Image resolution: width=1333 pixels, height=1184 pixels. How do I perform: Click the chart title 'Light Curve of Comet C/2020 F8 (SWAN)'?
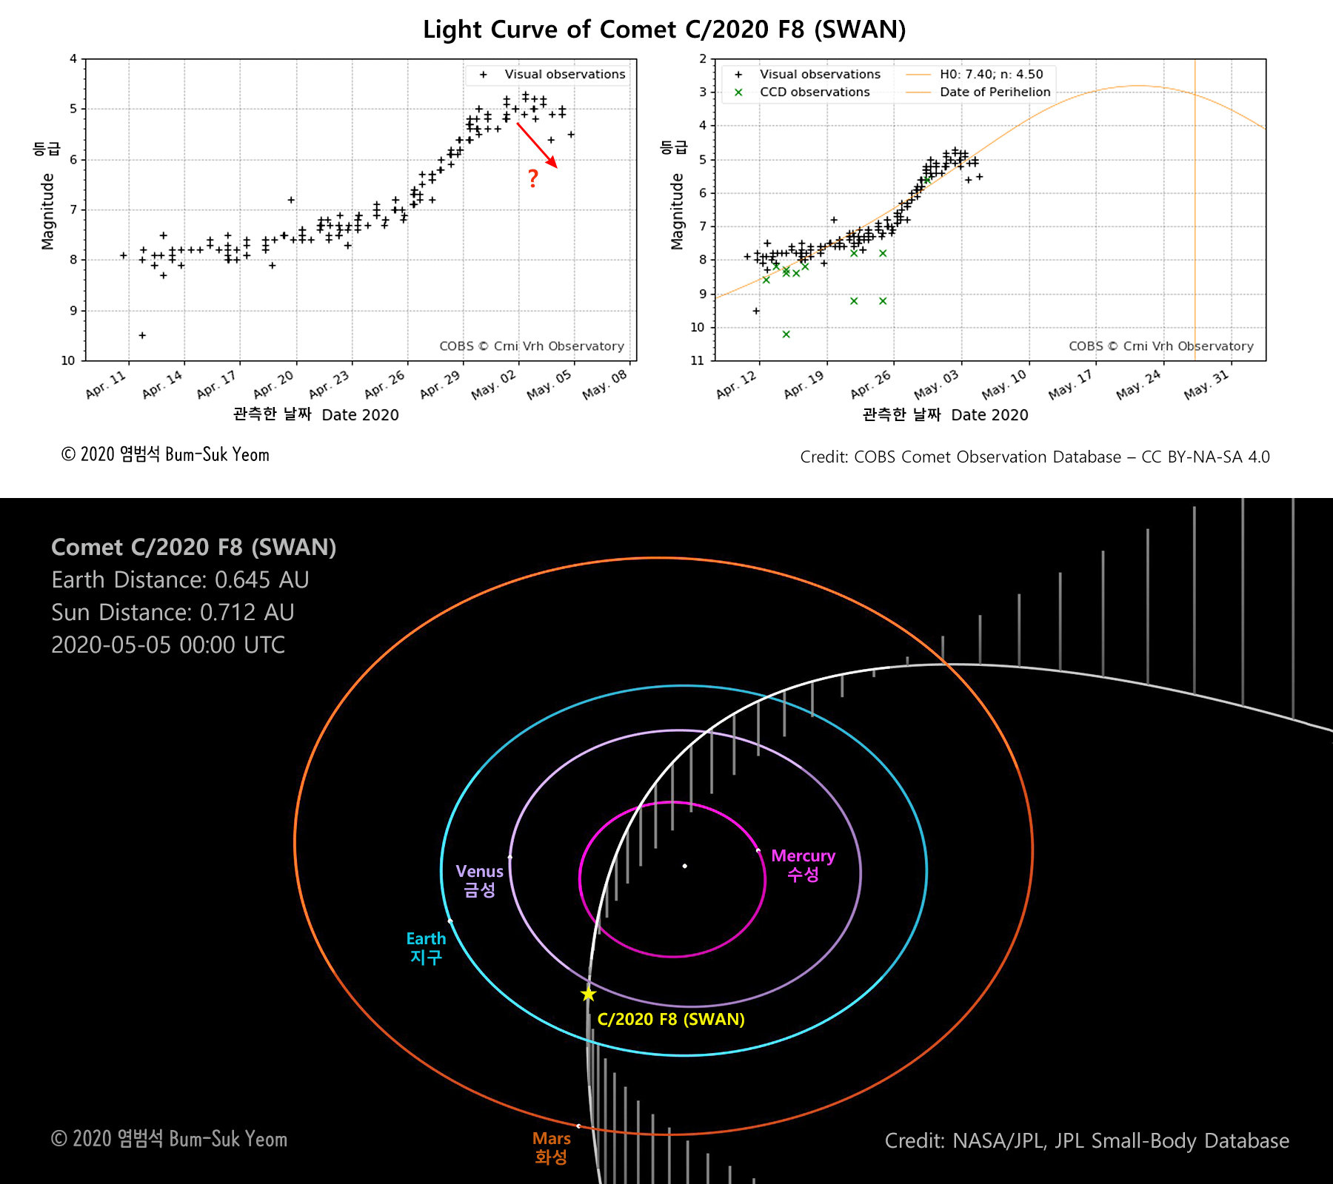pos(664,30)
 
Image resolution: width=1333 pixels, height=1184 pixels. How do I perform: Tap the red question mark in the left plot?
pos(532,178)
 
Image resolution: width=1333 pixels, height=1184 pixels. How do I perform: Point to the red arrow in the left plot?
pos(537,145)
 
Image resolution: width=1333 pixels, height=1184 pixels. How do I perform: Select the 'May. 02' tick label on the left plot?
pos(495,384)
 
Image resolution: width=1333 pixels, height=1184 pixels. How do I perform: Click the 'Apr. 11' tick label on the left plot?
pos(107,384)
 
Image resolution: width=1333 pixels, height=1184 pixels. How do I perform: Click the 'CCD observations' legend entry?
pos(815,92)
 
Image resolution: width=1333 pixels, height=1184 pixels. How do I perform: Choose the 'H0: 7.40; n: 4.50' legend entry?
pos(991,74)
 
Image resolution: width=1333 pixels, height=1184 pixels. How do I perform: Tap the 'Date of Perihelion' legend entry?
pos(995,92)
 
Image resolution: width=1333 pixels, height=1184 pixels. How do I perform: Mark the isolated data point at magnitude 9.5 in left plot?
pos(142,335)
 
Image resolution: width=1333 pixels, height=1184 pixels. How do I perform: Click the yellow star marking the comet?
pos(588,994)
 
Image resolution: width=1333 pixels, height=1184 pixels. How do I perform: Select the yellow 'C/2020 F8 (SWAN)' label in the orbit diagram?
pos(671,1019)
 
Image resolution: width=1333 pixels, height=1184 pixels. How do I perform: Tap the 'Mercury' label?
pos(803,856)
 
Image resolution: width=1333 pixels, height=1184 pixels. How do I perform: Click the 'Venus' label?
pos(479,872)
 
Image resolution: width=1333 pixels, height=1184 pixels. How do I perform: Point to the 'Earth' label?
pos(426,939)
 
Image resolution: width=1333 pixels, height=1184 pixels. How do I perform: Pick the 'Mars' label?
pos(551,1139)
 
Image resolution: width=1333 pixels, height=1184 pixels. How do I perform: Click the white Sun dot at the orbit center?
pos(685,866)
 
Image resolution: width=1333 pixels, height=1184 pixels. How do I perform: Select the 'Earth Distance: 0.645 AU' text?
pos(180,579)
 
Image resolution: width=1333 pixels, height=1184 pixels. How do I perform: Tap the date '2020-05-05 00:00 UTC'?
pos(168,645)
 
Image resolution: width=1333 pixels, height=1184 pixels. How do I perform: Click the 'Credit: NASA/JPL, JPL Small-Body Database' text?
pos(1086,1140)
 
